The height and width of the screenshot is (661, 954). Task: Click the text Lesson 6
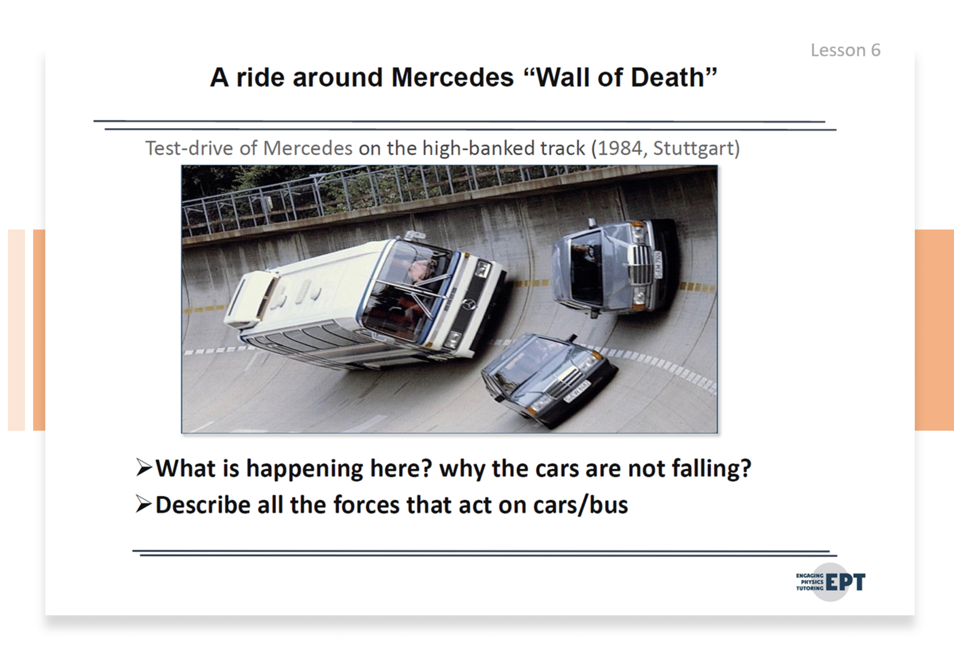click(x=845, y=50)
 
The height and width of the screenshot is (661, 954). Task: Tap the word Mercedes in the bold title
click(x=452, y=77)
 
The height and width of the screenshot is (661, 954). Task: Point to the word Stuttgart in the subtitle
click(x=693, y=148)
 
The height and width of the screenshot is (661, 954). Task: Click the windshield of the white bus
click(x=405, y=289)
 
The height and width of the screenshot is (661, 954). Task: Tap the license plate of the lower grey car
click(x=577, y=392)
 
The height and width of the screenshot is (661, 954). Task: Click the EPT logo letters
click(x=845, y=582)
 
